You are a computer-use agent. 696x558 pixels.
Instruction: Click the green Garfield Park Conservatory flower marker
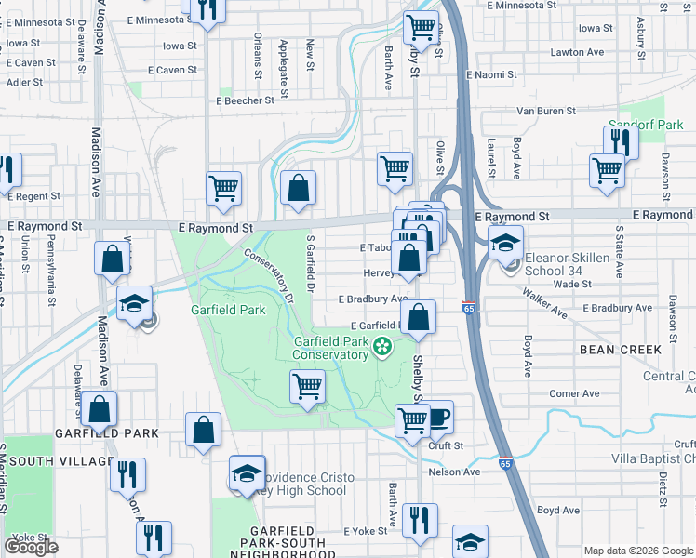click(381, 348)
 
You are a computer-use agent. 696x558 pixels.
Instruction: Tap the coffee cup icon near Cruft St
click(437, 417)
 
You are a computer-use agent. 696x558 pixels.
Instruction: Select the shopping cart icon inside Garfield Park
click(307, 386)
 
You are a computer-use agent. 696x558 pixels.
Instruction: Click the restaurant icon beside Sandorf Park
click(620, 142)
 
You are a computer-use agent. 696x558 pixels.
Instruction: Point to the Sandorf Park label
click(646, 124)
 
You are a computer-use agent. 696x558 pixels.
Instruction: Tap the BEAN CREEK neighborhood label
click(620, 350)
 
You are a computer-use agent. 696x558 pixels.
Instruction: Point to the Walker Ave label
click(545, 303)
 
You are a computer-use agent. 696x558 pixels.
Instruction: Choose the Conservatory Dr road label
click(270, 275)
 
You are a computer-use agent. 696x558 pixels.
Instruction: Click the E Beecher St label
click(245, 100)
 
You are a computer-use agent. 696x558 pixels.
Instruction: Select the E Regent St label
click(33, 196)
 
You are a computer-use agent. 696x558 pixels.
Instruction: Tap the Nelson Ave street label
click(454, 472)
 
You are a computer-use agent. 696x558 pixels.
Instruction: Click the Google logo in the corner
click(31, 547)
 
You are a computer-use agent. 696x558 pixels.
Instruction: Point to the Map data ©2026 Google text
click(638, 551)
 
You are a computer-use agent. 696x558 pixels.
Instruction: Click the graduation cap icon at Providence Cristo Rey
click(248, 473)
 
